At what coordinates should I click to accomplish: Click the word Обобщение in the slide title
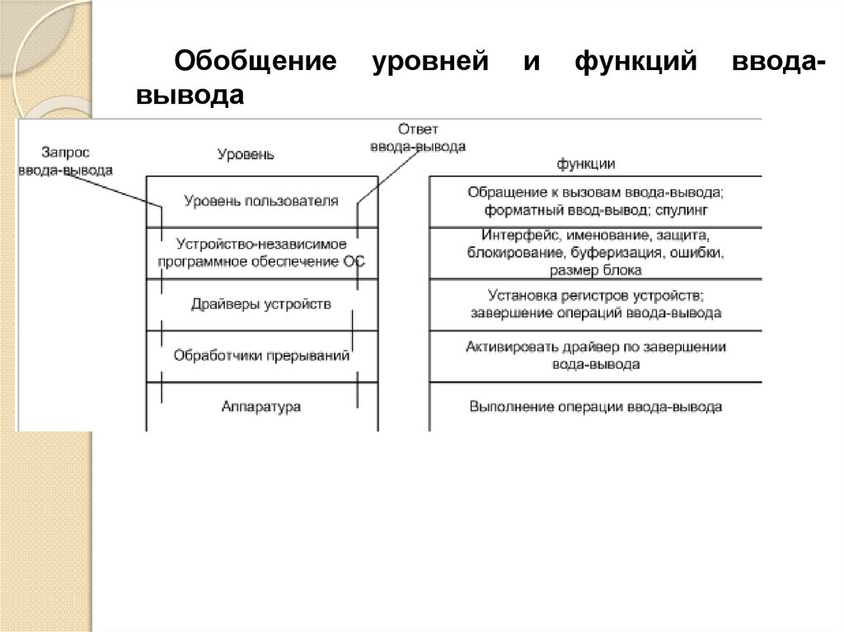click(256, 64)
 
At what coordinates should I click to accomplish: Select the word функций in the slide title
click(635, 64)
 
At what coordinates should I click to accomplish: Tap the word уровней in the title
click(429, 64)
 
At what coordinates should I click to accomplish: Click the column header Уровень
click(246, 154)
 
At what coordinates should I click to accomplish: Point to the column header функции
click(586, 164)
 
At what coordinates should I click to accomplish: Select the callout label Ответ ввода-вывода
click(418, 138)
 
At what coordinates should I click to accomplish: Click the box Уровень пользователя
click(261, 201)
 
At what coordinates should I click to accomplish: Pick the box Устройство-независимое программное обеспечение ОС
click(261, 253)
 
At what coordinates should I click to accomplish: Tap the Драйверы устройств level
click(261, 304)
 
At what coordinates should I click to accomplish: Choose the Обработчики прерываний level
click(261, 356)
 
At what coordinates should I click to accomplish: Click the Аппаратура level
click(261, 406)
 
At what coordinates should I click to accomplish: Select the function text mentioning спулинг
click(595, 201)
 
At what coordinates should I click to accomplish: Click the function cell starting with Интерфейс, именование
click(595, 252)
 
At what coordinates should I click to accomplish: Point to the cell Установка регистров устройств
click(595, 303)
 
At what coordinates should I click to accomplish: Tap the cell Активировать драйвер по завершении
click(595, 355)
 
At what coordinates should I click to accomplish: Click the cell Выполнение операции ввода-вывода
click(595, 406)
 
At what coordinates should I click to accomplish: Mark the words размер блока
click(595, 269)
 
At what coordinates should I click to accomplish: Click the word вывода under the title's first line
click(190, 96)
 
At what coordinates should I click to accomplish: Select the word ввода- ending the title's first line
click(774, 64)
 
